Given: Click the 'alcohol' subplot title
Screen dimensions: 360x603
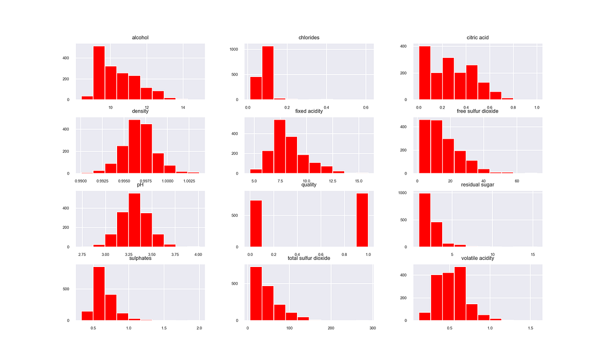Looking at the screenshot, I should (x=140, y=37).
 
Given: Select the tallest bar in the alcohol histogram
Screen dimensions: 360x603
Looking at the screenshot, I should (x=99, y=73).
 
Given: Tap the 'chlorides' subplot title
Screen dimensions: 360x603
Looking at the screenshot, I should (x=309, y=37).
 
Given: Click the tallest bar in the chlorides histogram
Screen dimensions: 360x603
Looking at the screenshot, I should (x=268, y=73).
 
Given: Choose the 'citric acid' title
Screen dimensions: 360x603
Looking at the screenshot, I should (x=477, y=37).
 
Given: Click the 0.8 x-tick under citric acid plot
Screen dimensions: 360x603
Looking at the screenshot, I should (x=513, y=108).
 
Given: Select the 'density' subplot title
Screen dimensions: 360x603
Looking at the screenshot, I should (x=140, y=111).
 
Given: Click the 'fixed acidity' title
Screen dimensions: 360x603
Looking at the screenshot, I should (x=309, y=111).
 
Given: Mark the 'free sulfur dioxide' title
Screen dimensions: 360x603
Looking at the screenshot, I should (x=477, y=111).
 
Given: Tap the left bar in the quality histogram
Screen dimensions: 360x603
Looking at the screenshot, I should (x=256, y=224).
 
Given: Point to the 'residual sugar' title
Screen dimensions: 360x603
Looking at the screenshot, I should (x=477, y=185).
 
